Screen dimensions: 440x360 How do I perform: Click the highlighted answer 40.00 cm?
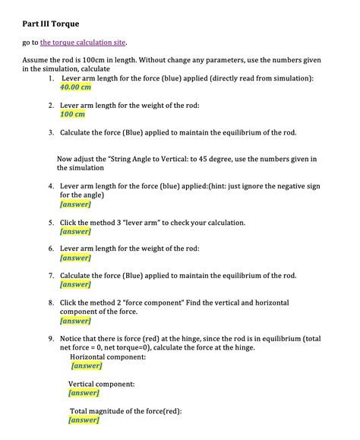click(x=75, y=87)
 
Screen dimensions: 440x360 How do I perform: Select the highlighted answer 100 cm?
click(x=72, y=114)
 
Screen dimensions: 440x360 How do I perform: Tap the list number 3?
click(x=50, y=132)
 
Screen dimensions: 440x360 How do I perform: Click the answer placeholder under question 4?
click(x=75, y=204)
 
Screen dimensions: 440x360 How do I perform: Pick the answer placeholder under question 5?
click(x=75, y=231)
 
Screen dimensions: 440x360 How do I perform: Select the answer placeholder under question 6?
click(x=75, y=258)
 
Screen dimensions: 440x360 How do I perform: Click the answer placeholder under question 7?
click(x=75, y=284)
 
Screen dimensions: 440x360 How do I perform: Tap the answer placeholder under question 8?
click(x=75, y=321)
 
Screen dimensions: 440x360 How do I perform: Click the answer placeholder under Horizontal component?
click(x=86, y=366)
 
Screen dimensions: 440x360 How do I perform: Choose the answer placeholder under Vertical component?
click(x=84, y=393)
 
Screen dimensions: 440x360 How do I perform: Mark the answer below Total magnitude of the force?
click(x=84, y=419)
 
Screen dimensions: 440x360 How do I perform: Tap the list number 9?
click(x=50, y=338)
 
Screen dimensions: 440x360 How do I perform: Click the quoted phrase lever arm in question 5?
click(x=150, y=223)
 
